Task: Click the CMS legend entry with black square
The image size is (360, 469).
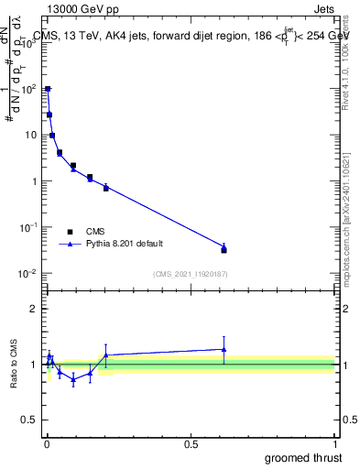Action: (84, 232)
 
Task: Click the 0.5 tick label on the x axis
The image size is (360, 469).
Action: (191, 442)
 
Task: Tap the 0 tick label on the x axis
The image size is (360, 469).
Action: (47, 442)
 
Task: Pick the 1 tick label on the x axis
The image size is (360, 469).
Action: (335, 442)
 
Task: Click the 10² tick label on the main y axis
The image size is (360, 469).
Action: (28, 89)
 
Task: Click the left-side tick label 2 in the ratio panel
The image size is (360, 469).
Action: (34, 309)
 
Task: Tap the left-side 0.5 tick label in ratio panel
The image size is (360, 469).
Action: (30, 420)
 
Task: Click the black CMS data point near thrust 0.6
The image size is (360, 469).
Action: (224, 249)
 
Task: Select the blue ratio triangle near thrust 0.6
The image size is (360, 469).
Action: (224, 349)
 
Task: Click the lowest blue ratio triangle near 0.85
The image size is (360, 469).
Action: (73, 378)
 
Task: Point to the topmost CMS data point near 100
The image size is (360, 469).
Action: (48, 90)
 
